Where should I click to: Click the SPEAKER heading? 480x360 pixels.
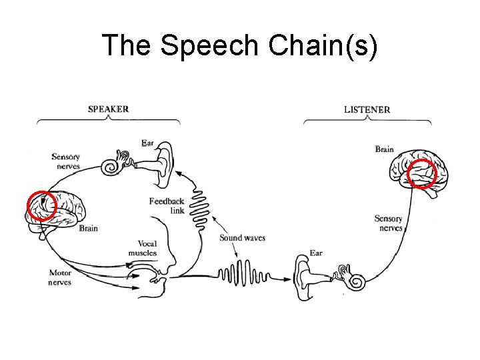(109, 109)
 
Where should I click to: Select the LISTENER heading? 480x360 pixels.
(367, 109)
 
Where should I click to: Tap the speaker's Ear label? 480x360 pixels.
(147, 143)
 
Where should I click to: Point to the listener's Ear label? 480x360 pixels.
(316, 253)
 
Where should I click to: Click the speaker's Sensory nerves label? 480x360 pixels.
(66, 161)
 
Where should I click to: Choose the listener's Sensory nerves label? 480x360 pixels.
(388, 223)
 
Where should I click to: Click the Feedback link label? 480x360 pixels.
(167, 206)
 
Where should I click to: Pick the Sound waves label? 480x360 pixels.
(242, 238)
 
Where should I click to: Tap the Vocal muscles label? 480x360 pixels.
(143, 248)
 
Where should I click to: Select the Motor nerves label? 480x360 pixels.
(60, 277)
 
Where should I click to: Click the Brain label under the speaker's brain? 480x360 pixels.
(88, 228)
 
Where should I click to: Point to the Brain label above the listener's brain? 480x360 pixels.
(384, 149)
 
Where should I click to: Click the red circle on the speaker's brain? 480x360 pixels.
(41, 205)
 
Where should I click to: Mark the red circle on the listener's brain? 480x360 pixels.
(422, 174)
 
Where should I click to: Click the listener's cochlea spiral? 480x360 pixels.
(353, 281)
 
